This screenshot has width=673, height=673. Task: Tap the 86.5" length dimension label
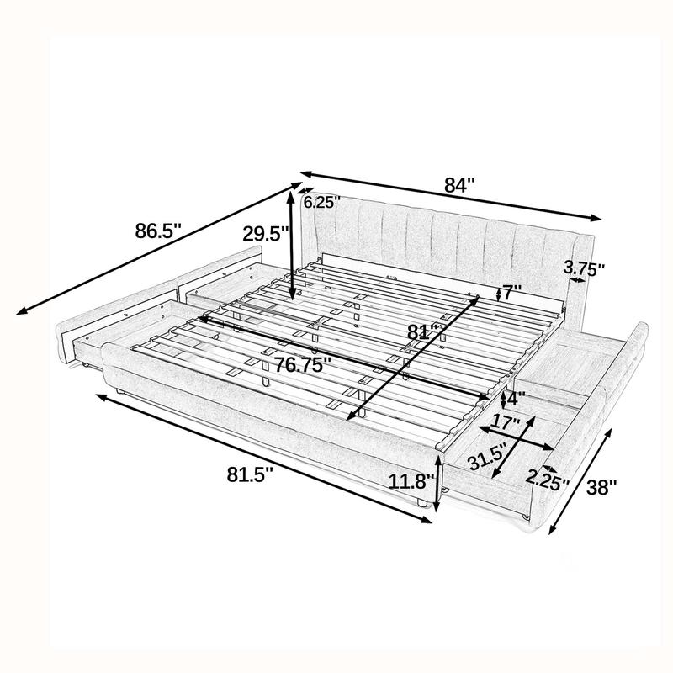159,230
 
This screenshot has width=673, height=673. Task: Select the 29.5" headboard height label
265,234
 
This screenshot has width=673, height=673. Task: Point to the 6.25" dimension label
321,202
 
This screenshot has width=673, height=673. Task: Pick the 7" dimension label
511,294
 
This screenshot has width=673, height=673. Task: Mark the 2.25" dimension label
548,480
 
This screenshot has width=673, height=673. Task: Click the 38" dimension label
601,485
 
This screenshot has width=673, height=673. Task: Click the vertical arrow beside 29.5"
292,244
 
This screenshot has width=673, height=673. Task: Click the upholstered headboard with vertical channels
437,244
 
